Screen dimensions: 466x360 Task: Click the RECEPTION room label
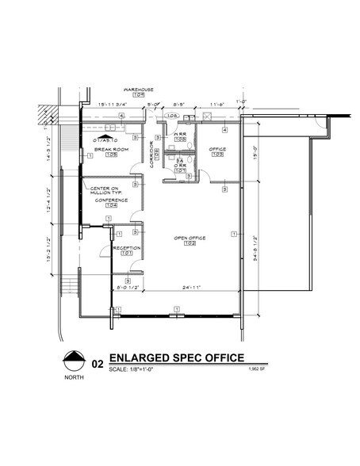click(127, 248)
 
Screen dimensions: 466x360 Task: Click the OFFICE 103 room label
click(217, 148)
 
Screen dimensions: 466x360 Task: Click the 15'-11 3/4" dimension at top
click(114, 105)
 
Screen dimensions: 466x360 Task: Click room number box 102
click(190, 243)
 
